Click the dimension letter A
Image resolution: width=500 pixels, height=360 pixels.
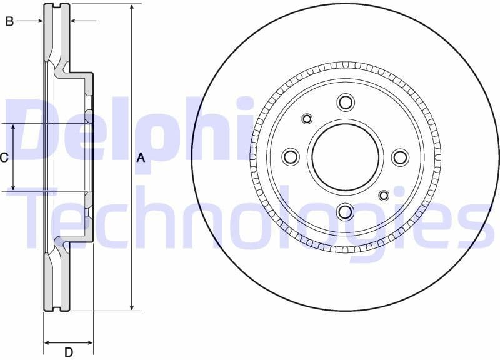tap(141, 158)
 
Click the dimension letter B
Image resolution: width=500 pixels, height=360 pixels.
tap(9, 22)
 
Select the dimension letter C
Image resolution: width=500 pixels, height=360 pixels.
tap(4, 157)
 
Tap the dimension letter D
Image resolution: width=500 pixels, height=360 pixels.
tap(69, 352)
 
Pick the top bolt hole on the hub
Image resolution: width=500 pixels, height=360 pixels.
tap(345, 102)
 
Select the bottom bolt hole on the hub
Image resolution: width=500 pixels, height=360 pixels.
tap(345, 212)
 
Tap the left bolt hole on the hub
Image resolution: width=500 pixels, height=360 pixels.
tap(291, 156)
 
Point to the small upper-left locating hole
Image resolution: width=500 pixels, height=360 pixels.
tap(307, 119)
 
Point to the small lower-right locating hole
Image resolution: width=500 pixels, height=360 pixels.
tap(384, 196)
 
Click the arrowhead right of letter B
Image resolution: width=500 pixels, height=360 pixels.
tap(72, 21)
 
